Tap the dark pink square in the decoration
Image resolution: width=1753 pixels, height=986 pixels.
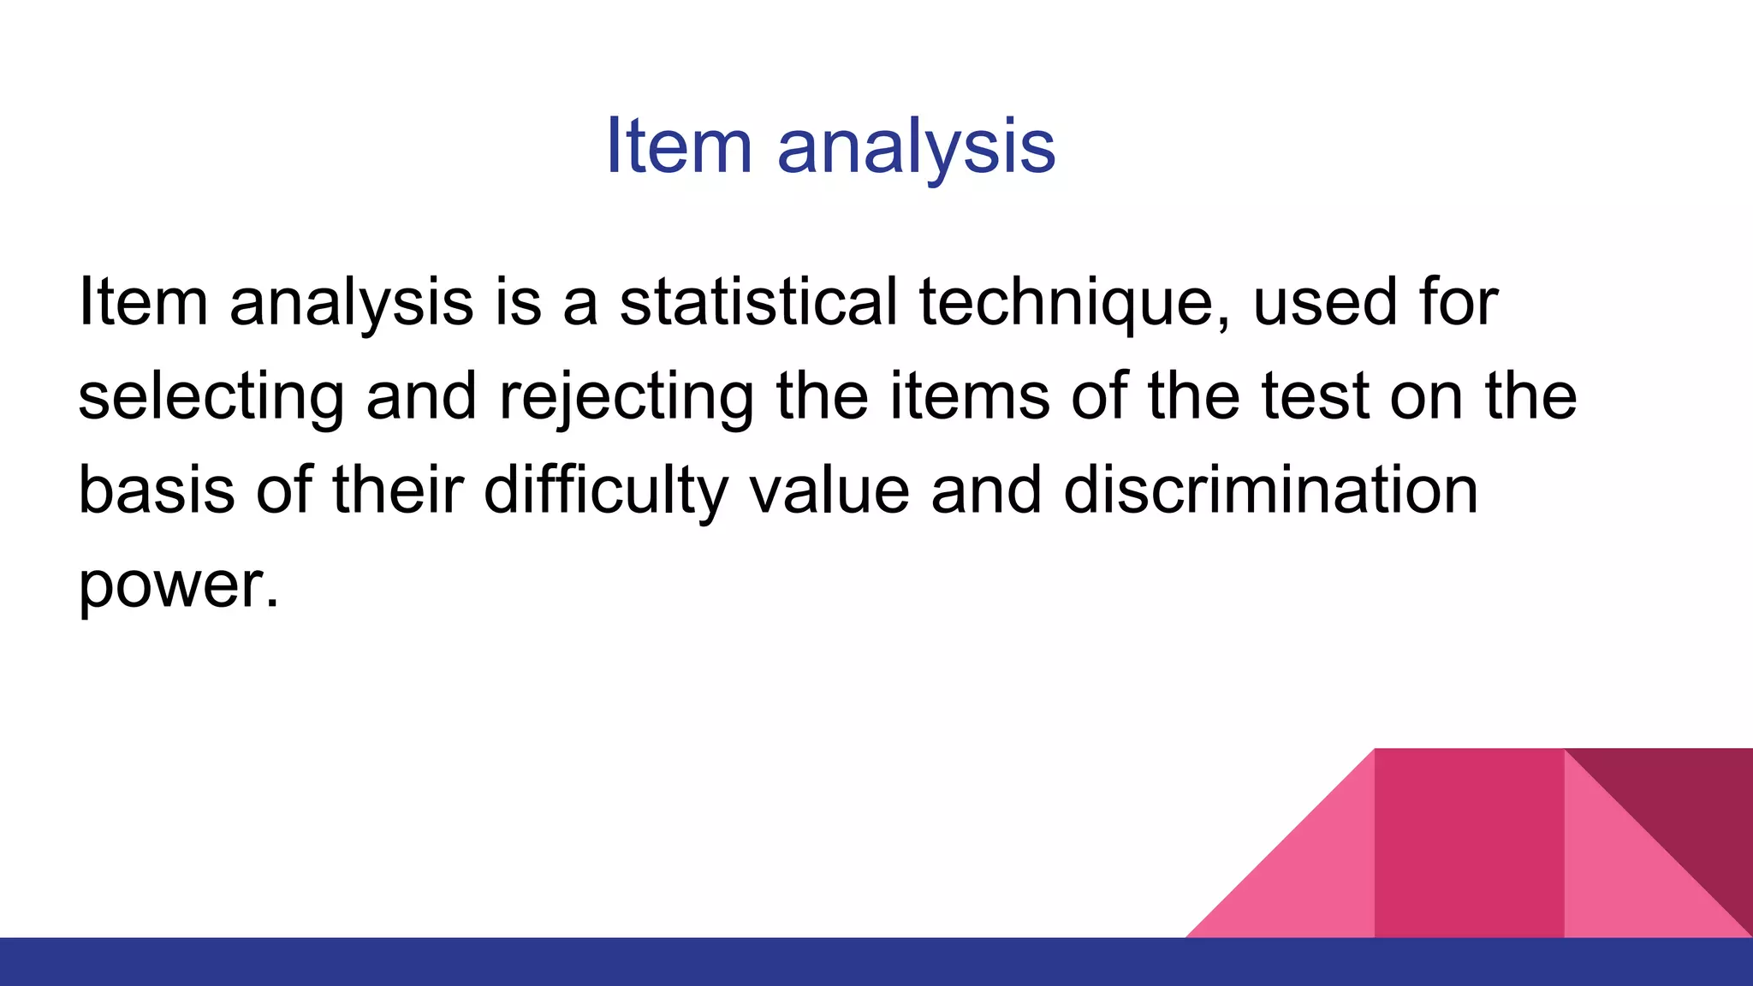point(1469,843)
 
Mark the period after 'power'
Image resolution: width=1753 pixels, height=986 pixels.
point(272,603)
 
